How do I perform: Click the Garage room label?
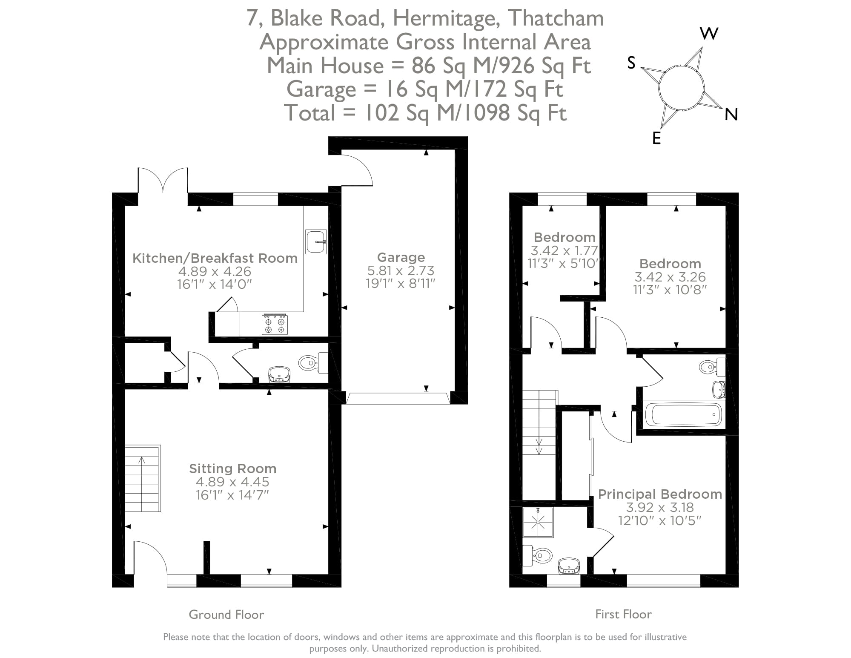pyautogui.click(x=401, y=257)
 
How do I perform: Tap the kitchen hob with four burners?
pyautogui.click(x=275, y=325)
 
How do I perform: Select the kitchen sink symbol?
pyautogui.click(x=316, y=241)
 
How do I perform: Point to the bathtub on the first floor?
pyautogui.click(x=683, y=414)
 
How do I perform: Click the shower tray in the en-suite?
pyautogui.click(x=539, y=522)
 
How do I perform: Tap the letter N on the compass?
pyautogui.click(x=731, y=114)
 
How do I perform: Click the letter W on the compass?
pyautogui.click(x=709, y=34)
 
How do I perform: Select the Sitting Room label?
pyautogui.click(x=232, y=468)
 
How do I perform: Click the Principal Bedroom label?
pyautogui.click(x=659, y=494)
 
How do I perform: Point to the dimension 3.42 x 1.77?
pyautogui.click(x=564, y=250)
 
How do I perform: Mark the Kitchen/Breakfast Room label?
pyautogui.click(x=215, y=258)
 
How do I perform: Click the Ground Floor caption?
pyautogui.click(x=226, y=615)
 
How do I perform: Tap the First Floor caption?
pyautogui.click(x=623, y=614)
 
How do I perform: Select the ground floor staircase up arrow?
pyautogui.click(x=142, y=460)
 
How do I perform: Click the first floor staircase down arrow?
pyautogui.click(x=539, y=449)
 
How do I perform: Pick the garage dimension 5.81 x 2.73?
pyautogui.click(x=401, y=270)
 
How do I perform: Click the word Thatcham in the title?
pyautogui.click(x=556, y=18)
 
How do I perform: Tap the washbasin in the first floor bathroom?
pyautogui.click(x=718, y=388)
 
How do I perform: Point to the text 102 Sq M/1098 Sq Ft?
pyautogui.click(x=466, y=113)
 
